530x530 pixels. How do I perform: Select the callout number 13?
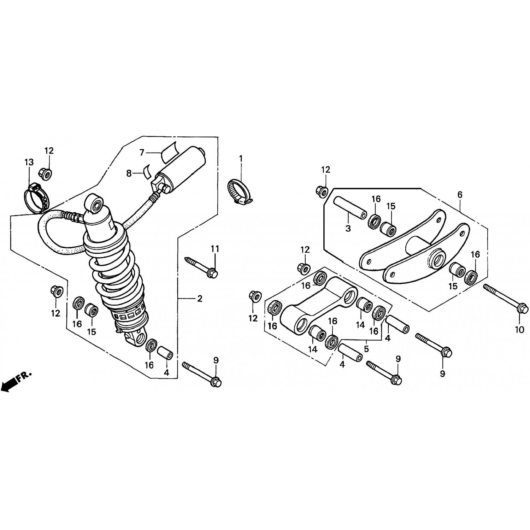pos(29,162)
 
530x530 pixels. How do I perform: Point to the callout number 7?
pos(142,152)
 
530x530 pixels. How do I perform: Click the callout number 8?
pos(129,173)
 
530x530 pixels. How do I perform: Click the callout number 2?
pos(200,299)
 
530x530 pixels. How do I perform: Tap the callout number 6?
pos(460,195)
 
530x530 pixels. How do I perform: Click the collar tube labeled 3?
pos(349,208)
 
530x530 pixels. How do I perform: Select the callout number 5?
pos(366,349)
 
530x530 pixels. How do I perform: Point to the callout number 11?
pos(215,249)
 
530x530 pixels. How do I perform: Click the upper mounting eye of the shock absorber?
pos(94,204)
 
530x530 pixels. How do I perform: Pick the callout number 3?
pos(348,228)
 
